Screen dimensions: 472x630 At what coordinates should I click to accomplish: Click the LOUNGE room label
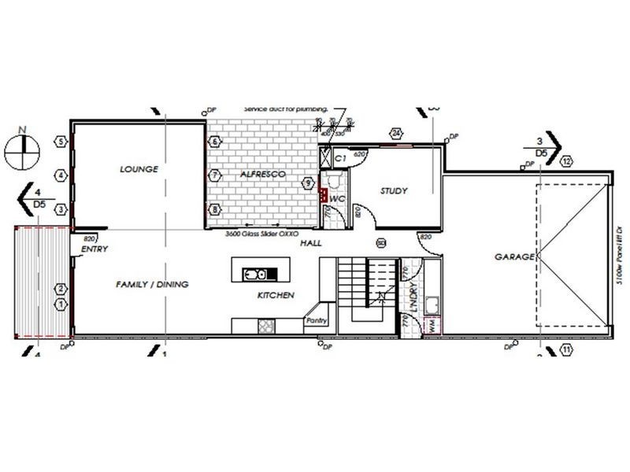click(x=140, y=169)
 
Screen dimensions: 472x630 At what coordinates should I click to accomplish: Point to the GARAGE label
click(x=514, y=257)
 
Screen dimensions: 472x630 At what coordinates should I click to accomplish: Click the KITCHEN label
click(x=276, y=295)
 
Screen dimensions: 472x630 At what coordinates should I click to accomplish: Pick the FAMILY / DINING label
click(x=152, y=284)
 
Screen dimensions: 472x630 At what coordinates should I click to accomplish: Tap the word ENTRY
click(x=94, y=249)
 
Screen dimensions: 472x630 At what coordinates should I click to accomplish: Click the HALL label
click(x=311, y=244)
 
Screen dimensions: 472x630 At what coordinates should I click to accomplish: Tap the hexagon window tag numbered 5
click(x=60, y=142)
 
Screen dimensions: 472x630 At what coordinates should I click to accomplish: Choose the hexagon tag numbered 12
click(x=567, y=162)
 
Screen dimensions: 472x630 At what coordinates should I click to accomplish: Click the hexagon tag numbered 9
click(x=308, y=183)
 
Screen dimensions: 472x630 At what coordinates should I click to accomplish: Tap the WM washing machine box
click(x=431, y=327)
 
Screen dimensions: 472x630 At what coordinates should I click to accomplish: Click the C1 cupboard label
click(x=340, y=158)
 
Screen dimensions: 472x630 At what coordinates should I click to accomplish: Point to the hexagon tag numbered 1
click(x=60, y=303)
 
